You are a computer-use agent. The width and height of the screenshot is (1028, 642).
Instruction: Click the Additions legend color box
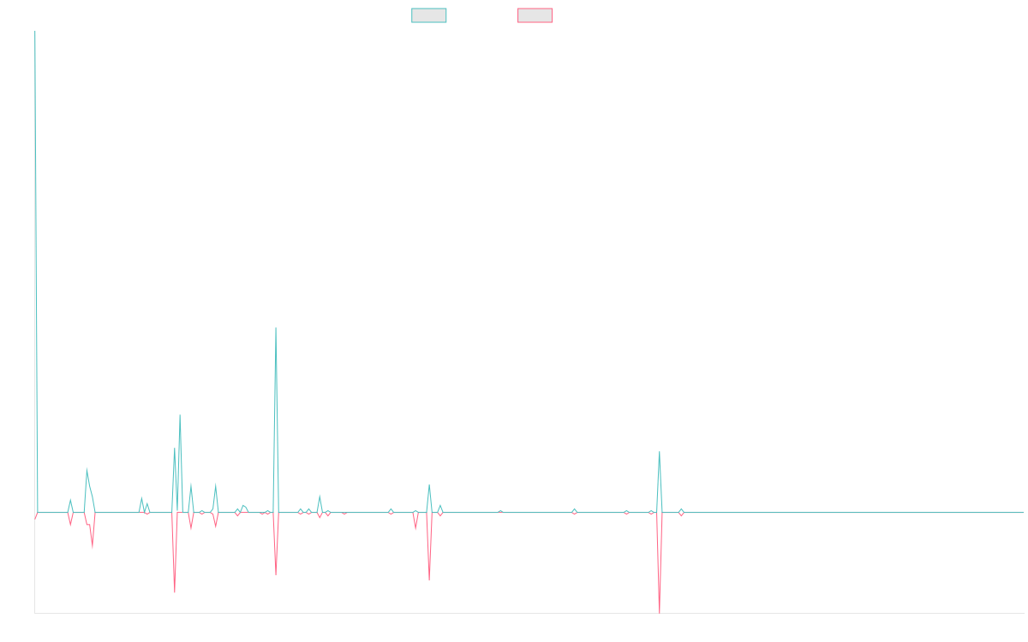pyautogui.click(x=429, y=15)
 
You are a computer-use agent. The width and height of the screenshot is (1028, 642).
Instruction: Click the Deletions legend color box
pyautogui.click(x=535, y=15)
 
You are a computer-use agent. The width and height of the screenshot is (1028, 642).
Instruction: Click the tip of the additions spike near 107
pyautogui.click(x=276, y=327)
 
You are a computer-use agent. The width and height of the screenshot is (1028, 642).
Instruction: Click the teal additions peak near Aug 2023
pyautogui.click(x=659, y=452)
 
